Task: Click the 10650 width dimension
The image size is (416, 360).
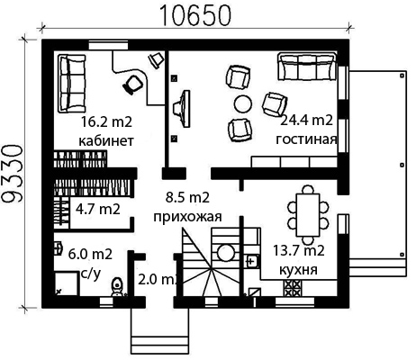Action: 196,15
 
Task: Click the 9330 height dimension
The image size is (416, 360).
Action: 13,174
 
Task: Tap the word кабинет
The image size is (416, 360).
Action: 106,140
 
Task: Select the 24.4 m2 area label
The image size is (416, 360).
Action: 306,121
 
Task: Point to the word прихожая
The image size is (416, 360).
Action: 187,217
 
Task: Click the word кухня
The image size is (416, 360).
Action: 298,270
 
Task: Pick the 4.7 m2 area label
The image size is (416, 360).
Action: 98,209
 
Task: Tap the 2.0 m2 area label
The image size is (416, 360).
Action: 158,280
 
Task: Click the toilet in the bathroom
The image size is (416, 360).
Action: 117,287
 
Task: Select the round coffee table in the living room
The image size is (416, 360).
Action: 243,103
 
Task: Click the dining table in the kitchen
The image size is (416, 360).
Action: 308,215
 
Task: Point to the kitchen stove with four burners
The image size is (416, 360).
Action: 292,288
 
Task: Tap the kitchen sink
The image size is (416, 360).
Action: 252,261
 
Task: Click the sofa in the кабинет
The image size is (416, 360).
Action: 72,84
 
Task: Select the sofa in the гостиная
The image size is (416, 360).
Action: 306,67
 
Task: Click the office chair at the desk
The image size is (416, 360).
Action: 132,85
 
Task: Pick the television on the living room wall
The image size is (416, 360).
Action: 182,108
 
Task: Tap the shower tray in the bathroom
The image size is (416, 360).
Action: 67,283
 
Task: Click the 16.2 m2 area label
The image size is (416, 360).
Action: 106,122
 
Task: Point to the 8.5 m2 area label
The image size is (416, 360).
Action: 187,198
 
